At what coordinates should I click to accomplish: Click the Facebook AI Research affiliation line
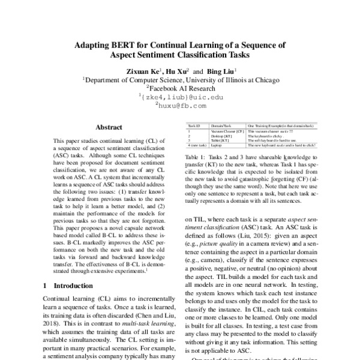click(181, 88)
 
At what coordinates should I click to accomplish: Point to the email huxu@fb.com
click(181, 105)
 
